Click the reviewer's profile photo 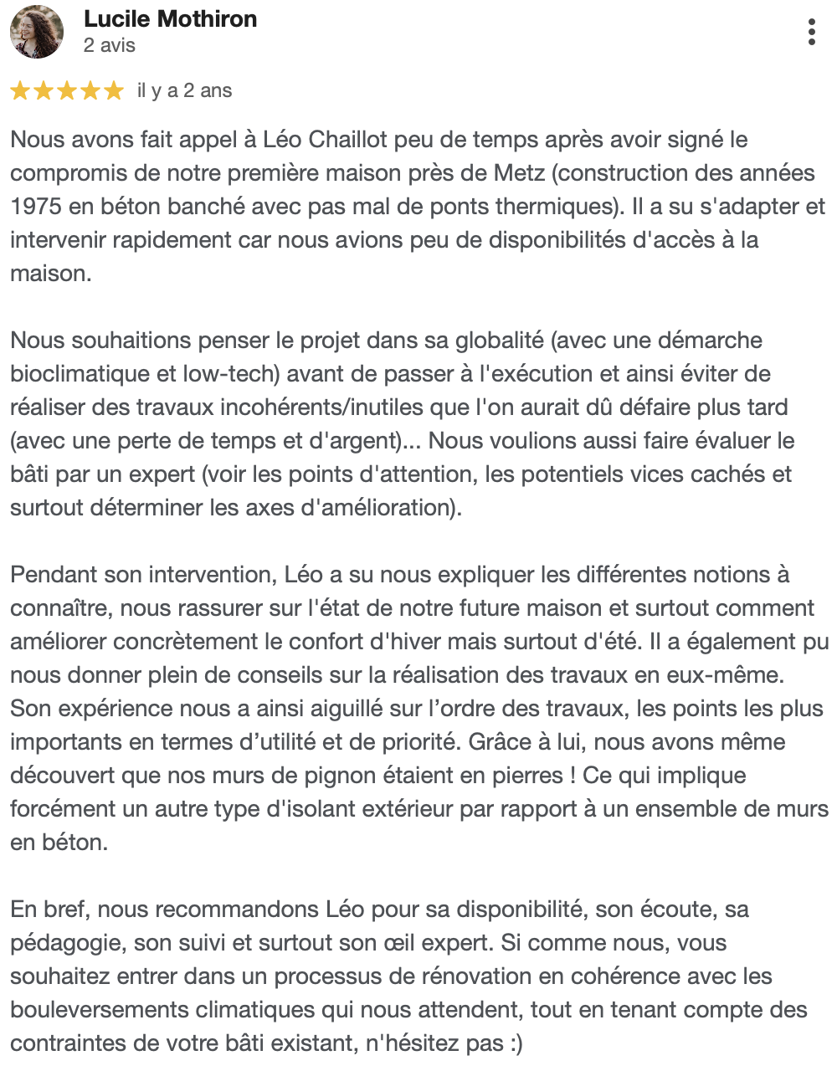coord(37,32)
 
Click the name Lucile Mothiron coord(170,19)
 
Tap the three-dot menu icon coord(811,32)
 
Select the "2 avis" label coord(110,45)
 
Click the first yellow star coord(20,91)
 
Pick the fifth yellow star coord(114,91)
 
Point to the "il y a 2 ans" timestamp coord(184,90)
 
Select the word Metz coord(519,173)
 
